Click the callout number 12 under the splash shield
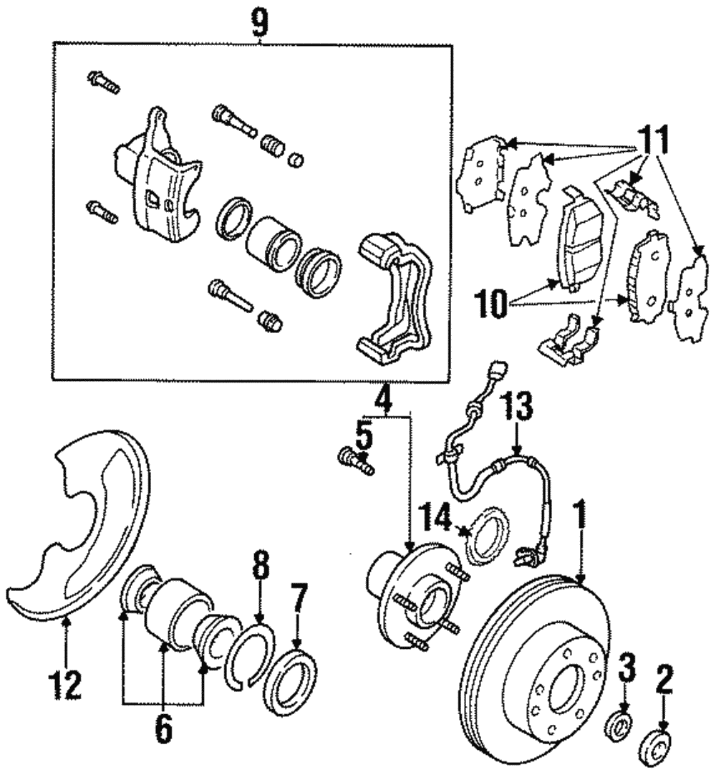click(66, 685)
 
